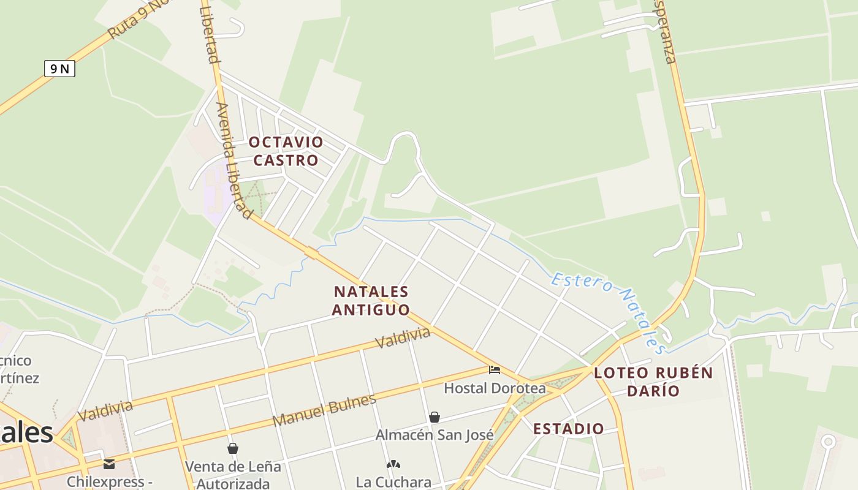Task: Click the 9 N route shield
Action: [59, 69]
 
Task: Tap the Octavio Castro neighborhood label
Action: [286, 151]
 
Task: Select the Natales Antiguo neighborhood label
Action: [371, 300]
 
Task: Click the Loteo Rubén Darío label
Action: [653, 381]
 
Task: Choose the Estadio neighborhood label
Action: [569, 429]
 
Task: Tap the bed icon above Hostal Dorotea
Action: [495, 369]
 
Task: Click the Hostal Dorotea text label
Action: [495, 388]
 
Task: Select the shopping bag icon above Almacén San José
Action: [435, 417]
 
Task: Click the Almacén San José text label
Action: [435, 435]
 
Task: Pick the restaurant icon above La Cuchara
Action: [393, 464]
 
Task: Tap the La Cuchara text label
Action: [393, 482]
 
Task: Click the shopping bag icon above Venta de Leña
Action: [233, 448]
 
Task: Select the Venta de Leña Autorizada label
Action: [233, 475]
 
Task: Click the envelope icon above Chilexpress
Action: [109, 464]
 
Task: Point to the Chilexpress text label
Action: [109, 481]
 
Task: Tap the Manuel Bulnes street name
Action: [324, 410]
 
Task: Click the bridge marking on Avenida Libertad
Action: [311, 252]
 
